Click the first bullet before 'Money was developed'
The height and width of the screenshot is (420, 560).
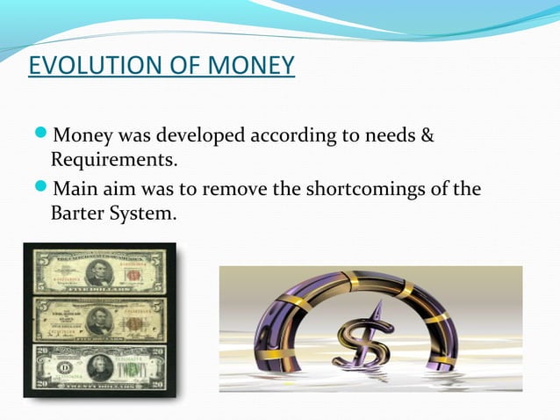click(x=43, y=137)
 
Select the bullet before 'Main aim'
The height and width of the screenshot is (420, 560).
click(x=43, y=190)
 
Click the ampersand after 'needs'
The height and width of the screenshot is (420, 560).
click(x=428, y=137)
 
